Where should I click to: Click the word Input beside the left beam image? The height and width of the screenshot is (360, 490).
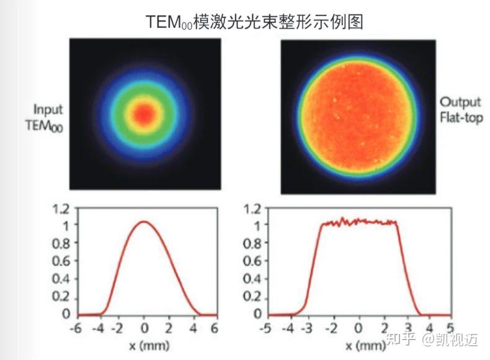48,110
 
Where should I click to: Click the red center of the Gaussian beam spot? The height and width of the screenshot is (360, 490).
144,113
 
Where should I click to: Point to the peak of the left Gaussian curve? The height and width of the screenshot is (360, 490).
144,222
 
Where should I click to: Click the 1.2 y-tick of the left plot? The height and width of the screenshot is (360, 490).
62,209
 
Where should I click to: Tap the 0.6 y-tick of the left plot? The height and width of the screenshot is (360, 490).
62,261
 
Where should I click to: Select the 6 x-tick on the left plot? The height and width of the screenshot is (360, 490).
215,327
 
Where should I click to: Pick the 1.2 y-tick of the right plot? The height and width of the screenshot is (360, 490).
252,209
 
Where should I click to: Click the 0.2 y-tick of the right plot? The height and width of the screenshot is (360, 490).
252,295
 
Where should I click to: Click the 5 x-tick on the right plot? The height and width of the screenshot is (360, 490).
452,327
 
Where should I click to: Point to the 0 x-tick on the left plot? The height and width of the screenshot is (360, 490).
145,327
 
